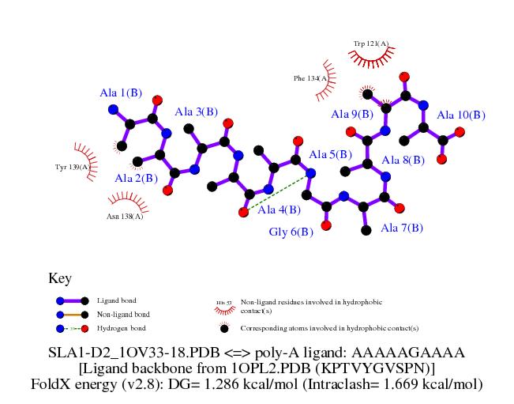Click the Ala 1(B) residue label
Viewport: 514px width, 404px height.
121,93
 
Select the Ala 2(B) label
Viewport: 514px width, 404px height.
135,179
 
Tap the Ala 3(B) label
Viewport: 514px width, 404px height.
197,111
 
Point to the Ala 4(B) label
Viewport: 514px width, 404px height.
279,210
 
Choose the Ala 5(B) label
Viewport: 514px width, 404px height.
330,154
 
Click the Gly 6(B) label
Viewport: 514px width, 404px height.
291,232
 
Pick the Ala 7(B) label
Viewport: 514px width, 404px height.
402,228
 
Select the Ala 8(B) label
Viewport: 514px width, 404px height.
403,160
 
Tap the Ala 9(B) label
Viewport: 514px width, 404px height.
351,115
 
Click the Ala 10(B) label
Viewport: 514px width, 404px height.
461,115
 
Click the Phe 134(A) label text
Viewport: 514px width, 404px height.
310,78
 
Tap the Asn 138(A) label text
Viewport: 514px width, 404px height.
125,215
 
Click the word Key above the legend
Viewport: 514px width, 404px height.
60,278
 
